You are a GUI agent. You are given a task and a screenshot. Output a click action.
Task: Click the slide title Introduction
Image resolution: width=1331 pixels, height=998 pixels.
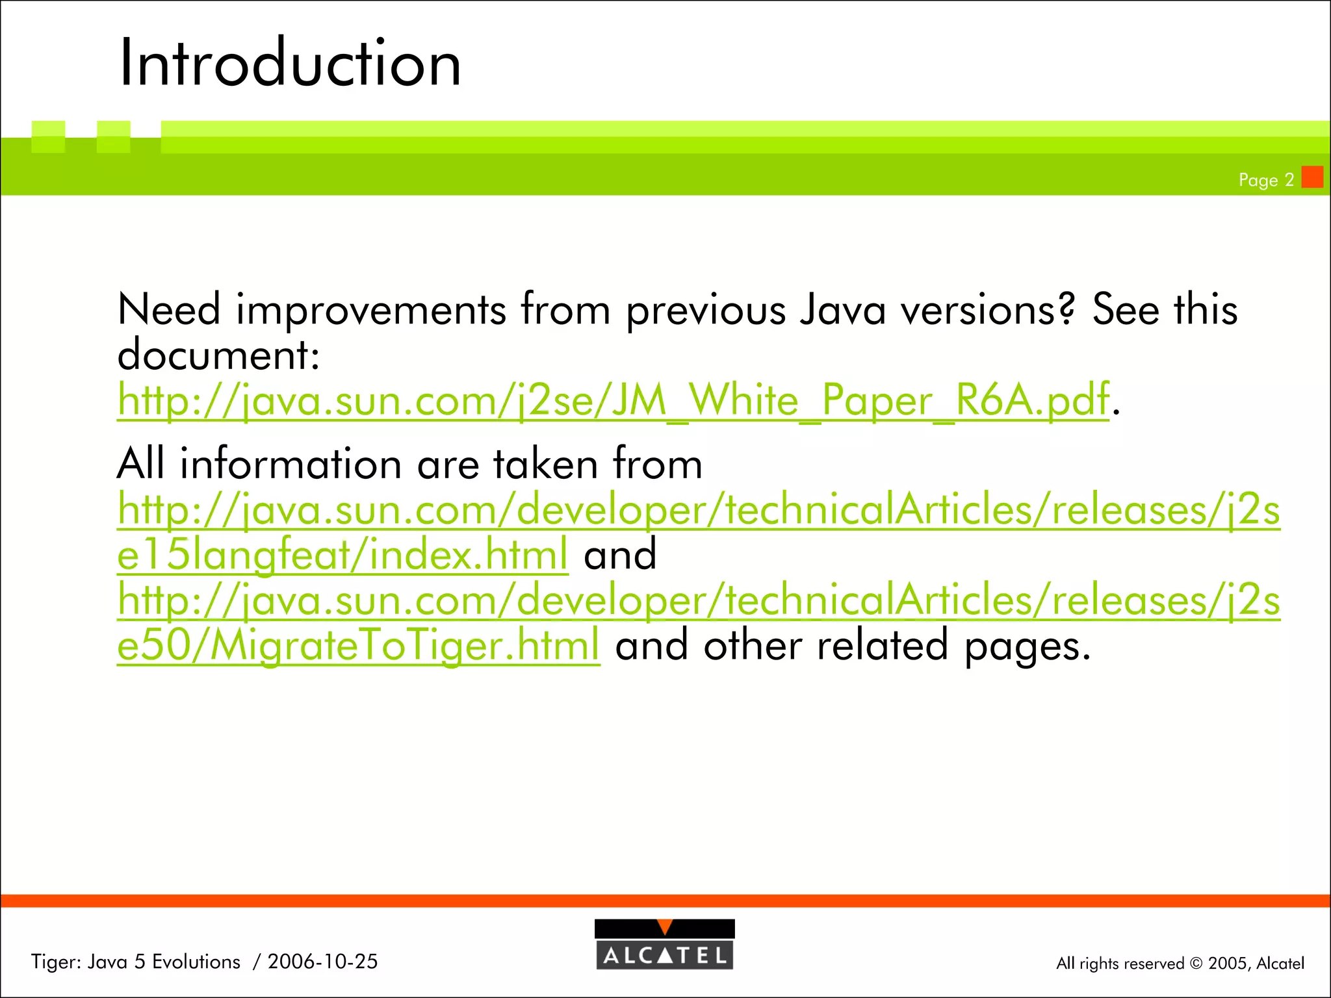(x=290, y=63)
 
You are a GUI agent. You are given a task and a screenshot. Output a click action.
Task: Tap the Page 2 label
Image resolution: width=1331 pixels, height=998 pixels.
(x=1266, y=180)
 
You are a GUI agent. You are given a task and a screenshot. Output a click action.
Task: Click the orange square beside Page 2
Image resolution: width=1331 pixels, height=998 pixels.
(x=1312, y=177)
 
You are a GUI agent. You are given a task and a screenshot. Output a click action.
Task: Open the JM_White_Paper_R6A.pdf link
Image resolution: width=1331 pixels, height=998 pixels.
(x=613, y=400)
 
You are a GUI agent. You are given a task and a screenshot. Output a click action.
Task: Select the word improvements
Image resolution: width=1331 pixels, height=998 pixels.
(x=371, y=311)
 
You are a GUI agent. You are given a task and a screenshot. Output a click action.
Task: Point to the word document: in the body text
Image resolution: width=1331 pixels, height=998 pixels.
(x=218, y=355)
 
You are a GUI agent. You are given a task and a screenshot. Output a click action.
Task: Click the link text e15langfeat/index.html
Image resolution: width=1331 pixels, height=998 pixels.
(x=342, y=556)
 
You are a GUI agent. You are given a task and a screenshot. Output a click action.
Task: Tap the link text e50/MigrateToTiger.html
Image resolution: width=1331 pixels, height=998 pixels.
(x=358, y=646)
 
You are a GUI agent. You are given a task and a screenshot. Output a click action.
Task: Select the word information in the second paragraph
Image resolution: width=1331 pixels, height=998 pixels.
(x=291, y=465)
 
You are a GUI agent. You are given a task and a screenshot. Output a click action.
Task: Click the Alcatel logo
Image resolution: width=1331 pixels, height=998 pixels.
(x=664, y=945)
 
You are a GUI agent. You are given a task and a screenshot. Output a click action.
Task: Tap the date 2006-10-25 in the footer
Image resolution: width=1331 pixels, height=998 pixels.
(x=322, y=962)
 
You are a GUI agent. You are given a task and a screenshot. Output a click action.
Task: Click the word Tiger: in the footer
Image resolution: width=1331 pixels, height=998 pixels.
(x=56, y=962)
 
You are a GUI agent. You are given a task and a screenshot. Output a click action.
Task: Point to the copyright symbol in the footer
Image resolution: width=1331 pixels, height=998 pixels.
(x=1196, y=964)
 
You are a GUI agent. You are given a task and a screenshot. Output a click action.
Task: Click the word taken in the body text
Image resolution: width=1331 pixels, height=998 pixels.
(x=545, y=465)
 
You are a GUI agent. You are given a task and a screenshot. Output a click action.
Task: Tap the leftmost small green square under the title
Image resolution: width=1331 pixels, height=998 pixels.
(x=48, y=136)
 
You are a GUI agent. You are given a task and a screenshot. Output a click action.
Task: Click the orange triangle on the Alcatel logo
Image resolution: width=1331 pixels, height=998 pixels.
(x=664, y=927)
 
